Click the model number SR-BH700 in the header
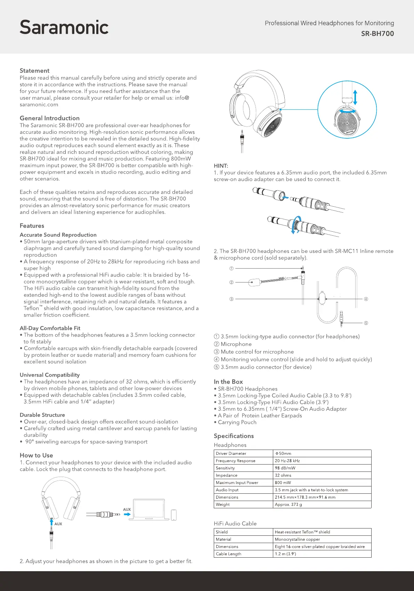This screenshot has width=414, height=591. (378, 34)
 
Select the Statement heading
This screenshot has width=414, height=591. (34, 71)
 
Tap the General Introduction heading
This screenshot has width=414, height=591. (49, 118)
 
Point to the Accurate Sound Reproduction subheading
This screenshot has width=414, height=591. (58, 235)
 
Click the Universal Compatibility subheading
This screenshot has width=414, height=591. (49, 375)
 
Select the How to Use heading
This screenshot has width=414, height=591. (36, 455)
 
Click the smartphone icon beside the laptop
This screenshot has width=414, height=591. (174, 515)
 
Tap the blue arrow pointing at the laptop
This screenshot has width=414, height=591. (127, 515)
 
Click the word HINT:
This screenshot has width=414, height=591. (221, 166)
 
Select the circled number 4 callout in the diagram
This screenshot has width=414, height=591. (366, 299)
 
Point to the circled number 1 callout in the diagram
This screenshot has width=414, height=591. (232, 269)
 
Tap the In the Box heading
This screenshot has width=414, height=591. (228, 381)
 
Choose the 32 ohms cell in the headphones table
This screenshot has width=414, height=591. (283, 475)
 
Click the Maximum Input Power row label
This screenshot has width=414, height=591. (237, 483)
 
